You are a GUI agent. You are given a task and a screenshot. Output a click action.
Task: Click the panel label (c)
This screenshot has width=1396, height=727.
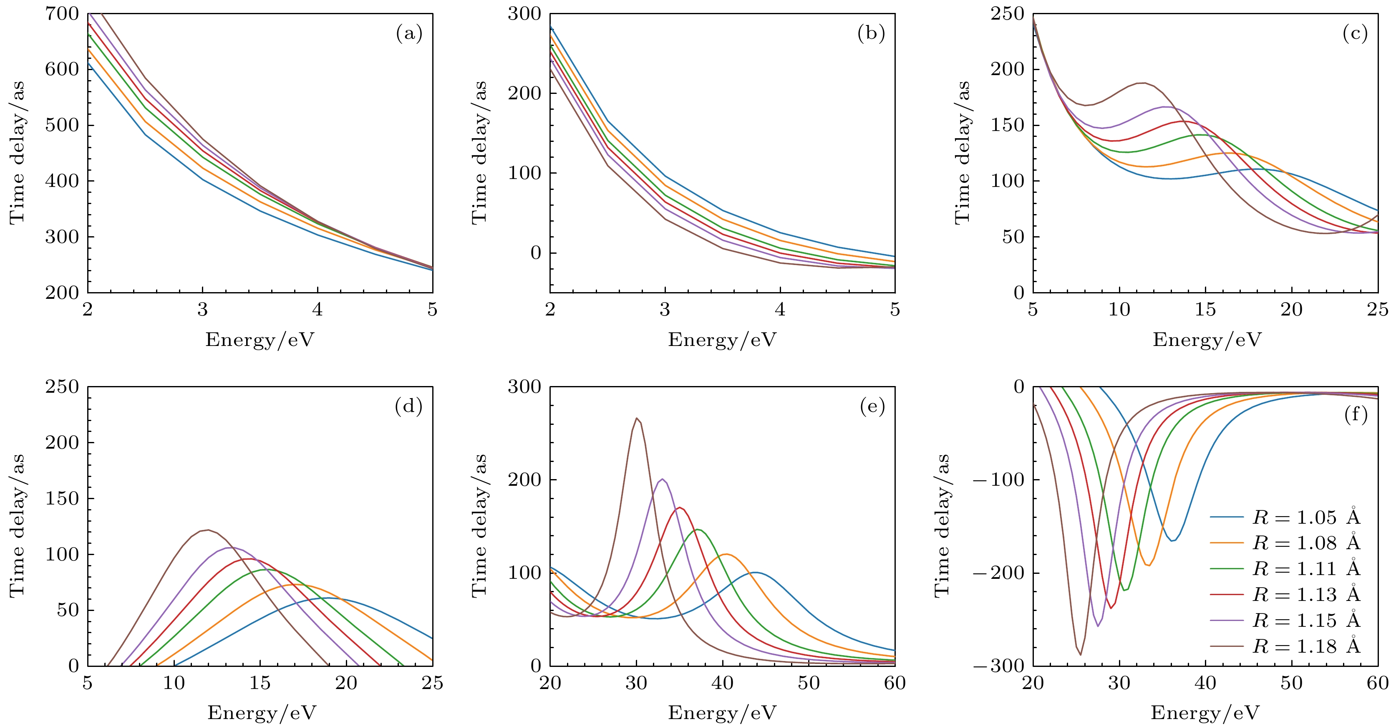point(1355,34)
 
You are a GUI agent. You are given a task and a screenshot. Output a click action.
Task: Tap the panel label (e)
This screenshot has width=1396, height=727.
point(872,406)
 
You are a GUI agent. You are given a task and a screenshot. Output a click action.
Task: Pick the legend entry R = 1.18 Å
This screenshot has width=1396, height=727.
point(1306,646)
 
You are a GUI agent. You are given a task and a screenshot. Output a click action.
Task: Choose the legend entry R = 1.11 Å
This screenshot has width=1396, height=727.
point(1306,569)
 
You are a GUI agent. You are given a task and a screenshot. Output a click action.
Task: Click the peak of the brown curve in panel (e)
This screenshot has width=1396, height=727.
point(637,418)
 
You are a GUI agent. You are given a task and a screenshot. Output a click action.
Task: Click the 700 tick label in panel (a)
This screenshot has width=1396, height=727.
point(62,14)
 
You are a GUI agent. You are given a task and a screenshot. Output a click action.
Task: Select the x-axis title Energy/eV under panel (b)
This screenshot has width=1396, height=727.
point(722,340)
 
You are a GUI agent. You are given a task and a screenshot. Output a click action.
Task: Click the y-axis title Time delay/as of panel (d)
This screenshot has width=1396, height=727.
point(18,526)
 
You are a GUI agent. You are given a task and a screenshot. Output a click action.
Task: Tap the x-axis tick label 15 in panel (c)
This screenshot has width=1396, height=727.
point(1205,310)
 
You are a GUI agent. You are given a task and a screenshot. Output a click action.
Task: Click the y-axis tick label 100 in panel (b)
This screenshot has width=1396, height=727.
point(524,173)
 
